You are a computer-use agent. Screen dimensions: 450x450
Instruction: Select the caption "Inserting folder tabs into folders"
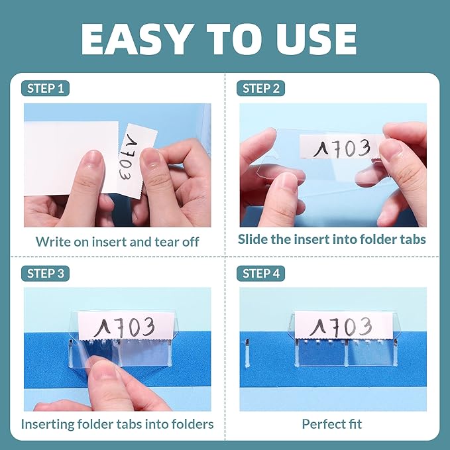pos(117,423)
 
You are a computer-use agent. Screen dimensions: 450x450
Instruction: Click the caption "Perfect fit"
pos(332,423)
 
